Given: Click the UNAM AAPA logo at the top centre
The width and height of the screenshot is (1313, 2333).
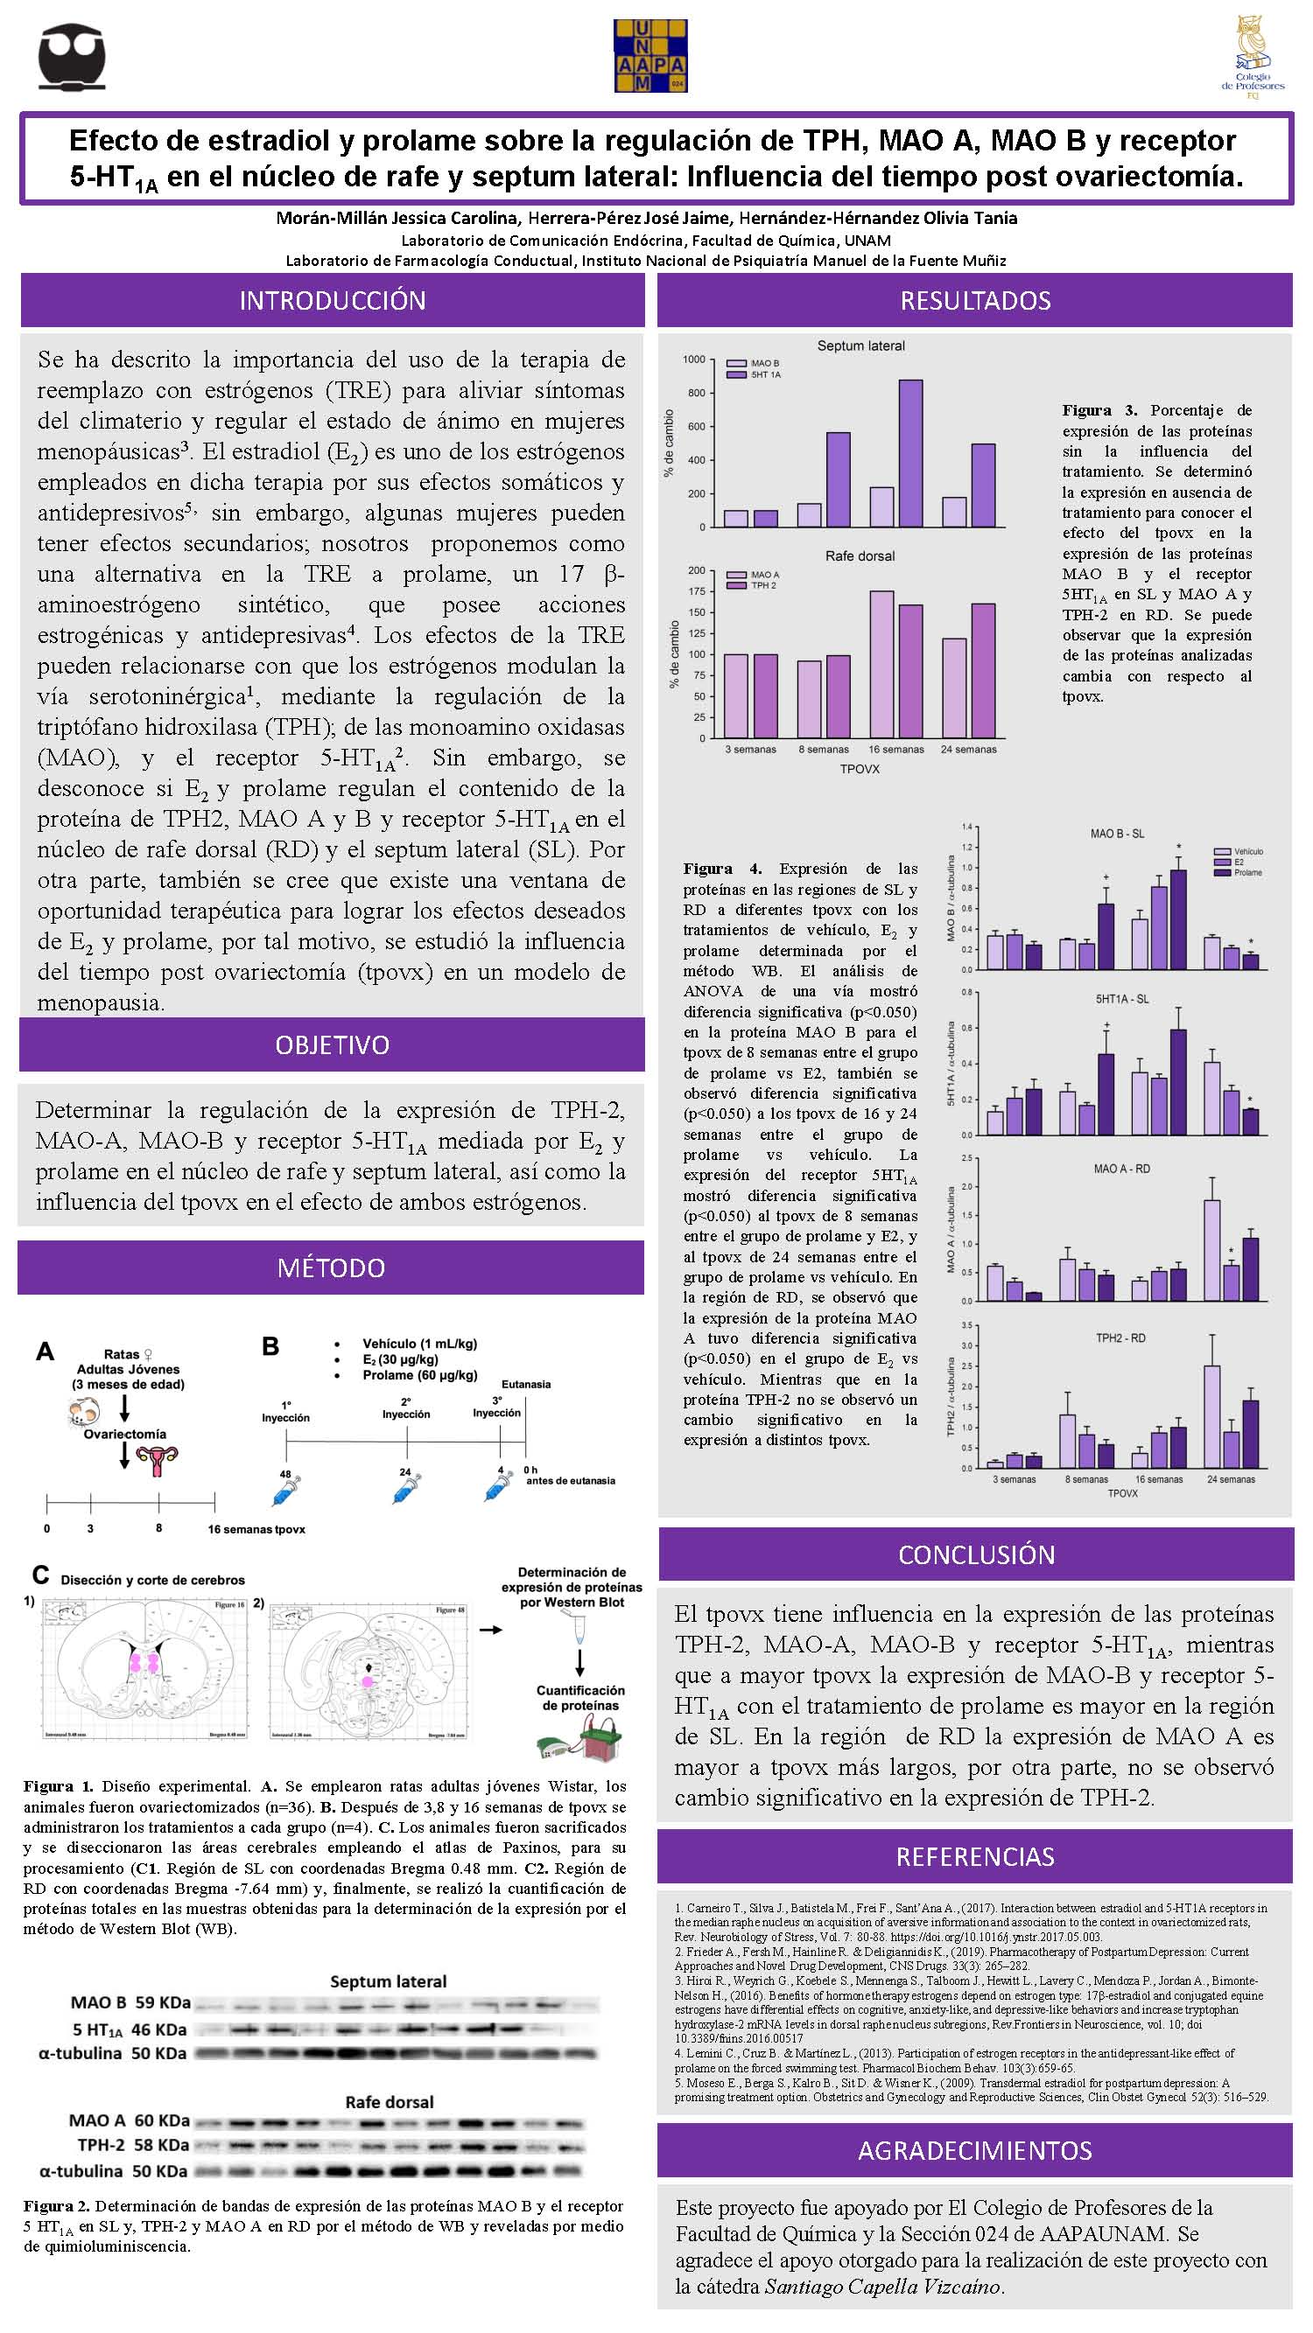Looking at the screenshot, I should coord(649,55).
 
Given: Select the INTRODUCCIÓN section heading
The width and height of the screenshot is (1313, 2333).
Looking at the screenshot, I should coord(332,301).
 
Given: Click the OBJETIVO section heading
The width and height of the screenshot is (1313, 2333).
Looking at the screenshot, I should coord(332,1044).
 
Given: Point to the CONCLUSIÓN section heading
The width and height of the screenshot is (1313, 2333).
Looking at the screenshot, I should coord(976,1554).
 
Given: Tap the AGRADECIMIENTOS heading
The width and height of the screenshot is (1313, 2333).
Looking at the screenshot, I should coord(975,2150).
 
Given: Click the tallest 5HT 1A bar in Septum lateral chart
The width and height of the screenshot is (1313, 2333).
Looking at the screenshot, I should coord(909,453).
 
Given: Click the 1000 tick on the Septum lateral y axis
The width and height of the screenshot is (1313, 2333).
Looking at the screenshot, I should coord(693,360).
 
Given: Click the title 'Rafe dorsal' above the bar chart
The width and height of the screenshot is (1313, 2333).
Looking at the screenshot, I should coord(859,556).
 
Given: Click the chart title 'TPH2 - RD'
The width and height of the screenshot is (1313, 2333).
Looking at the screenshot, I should coord(1121,1338).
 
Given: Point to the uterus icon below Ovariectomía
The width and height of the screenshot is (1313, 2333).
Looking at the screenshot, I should coord(157,1457).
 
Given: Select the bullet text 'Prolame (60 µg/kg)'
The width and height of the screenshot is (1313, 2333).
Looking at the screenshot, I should coord(419,1375).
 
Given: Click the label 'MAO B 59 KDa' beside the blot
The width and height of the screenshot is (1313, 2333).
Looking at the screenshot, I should coord(130,2002).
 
